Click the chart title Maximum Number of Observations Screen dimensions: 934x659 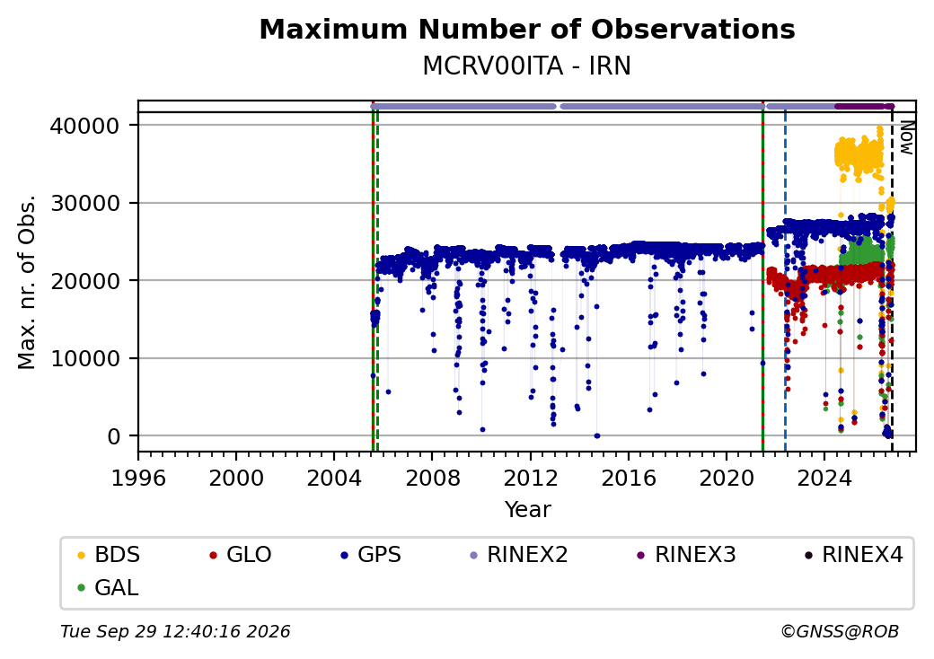click(527, 29)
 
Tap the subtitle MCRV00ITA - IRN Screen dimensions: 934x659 click(526, 66)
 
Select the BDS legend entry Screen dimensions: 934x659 click(109, 555)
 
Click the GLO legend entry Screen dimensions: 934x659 click(240, 555)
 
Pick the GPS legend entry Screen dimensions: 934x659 click(371, 555)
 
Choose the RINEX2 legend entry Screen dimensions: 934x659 click(519, 555)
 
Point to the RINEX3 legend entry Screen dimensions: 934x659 click(687, 555)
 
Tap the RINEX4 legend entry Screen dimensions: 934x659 click(853, 555)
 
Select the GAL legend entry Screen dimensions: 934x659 click(108, 587)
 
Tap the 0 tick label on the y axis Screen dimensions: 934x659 click(114, 437)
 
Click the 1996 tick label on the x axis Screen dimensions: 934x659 click(138, 478)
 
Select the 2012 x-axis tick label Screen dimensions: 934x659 click(530, 478)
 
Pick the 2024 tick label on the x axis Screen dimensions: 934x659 click(824, 478)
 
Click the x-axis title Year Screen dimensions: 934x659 click(528, 510)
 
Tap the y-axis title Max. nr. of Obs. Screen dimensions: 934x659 click(27, 282)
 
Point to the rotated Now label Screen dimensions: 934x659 click(906, 137)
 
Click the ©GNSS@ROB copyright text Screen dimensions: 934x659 click(840, 631)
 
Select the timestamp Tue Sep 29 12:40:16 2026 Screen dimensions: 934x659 click(175, 631)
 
